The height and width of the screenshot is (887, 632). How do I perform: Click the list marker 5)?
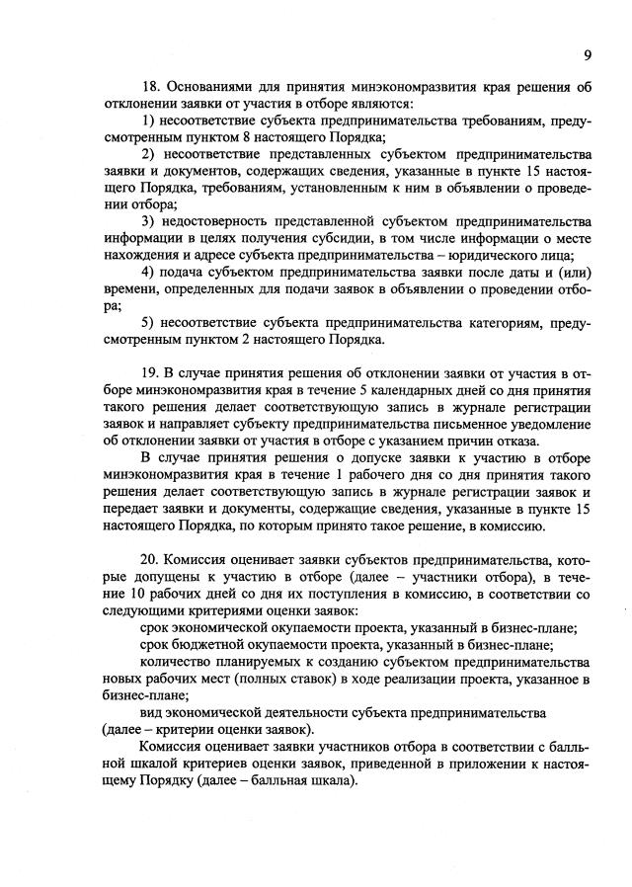(148, 322)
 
